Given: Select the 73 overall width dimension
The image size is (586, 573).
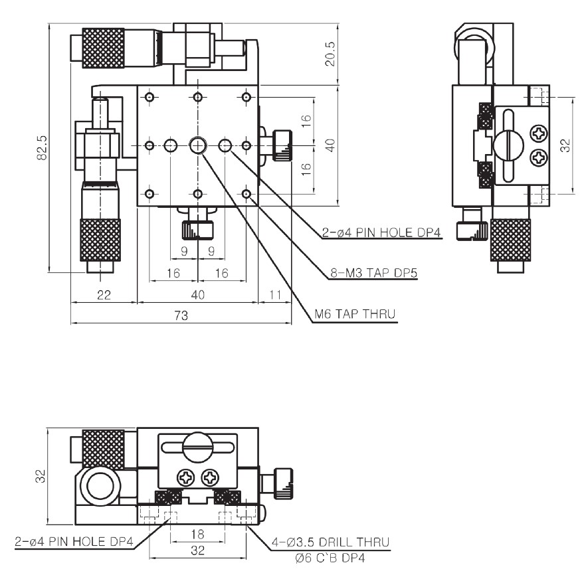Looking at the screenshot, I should pyautogui.click(x=181, y=316).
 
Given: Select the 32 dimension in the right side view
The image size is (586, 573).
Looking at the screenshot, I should pyautogui.click(x=565, y=145).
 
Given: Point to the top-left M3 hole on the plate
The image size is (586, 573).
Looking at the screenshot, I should pyautogui.click(x=149, y=98).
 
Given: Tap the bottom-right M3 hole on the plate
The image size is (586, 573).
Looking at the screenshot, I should pyautogui.click(x=247, y=194).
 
